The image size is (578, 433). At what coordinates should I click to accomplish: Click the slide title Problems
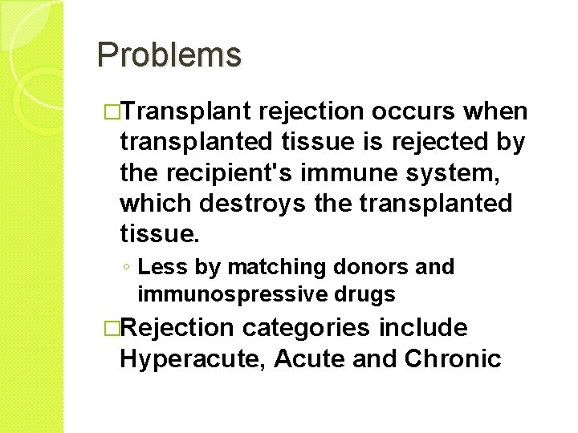point(169,55)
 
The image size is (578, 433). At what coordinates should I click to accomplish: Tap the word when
point(497,111)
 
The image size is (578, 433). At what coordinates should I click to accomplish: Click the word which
point(157,204)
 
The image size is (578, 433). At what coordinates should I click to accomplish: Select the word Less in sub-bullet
point(159,267)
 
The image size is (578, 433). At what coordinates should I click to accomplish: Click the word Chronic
point(453,358)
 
